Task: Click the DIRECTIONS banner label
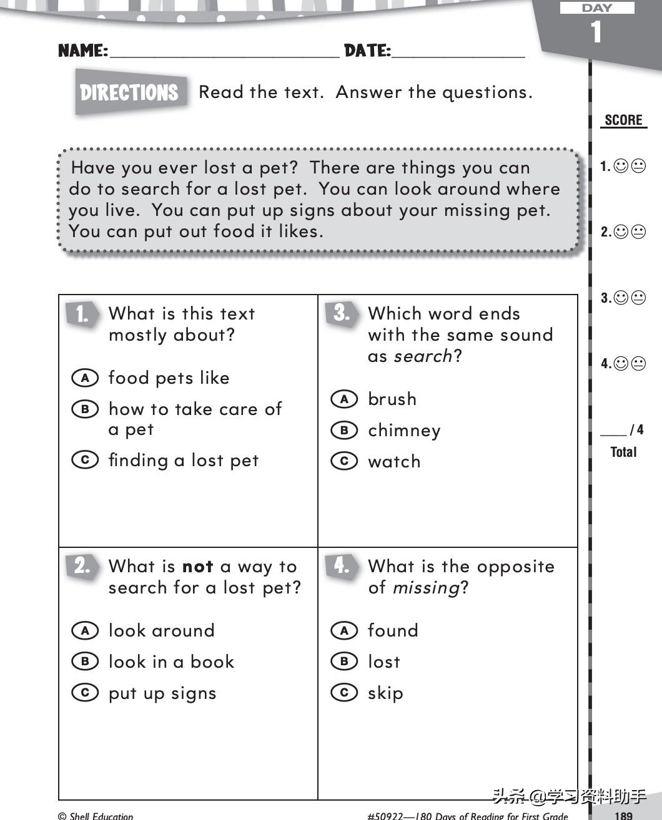[130, 93]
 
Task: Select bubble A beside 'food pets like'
[85, 378]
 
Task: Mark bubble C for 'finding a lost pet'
[85, 460]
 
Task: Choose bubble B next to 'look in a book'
[85, 661]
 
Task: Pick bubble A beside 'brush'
[344, 399]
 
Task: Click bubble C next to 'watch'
[344, 461]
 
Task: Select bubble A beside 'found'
[344, 630]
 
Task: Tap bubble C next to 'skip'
[344, 693]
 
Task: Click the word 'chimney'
[404, 431]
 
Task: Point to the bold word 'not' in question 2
[197, 567]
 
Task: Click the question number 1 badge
[82, 314]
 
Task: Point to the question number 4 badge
[341, 565]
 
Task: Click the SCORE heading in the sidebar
[623, 120]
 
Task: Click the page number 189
[623, 815]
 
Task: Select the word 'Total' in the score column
[623, 452]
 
